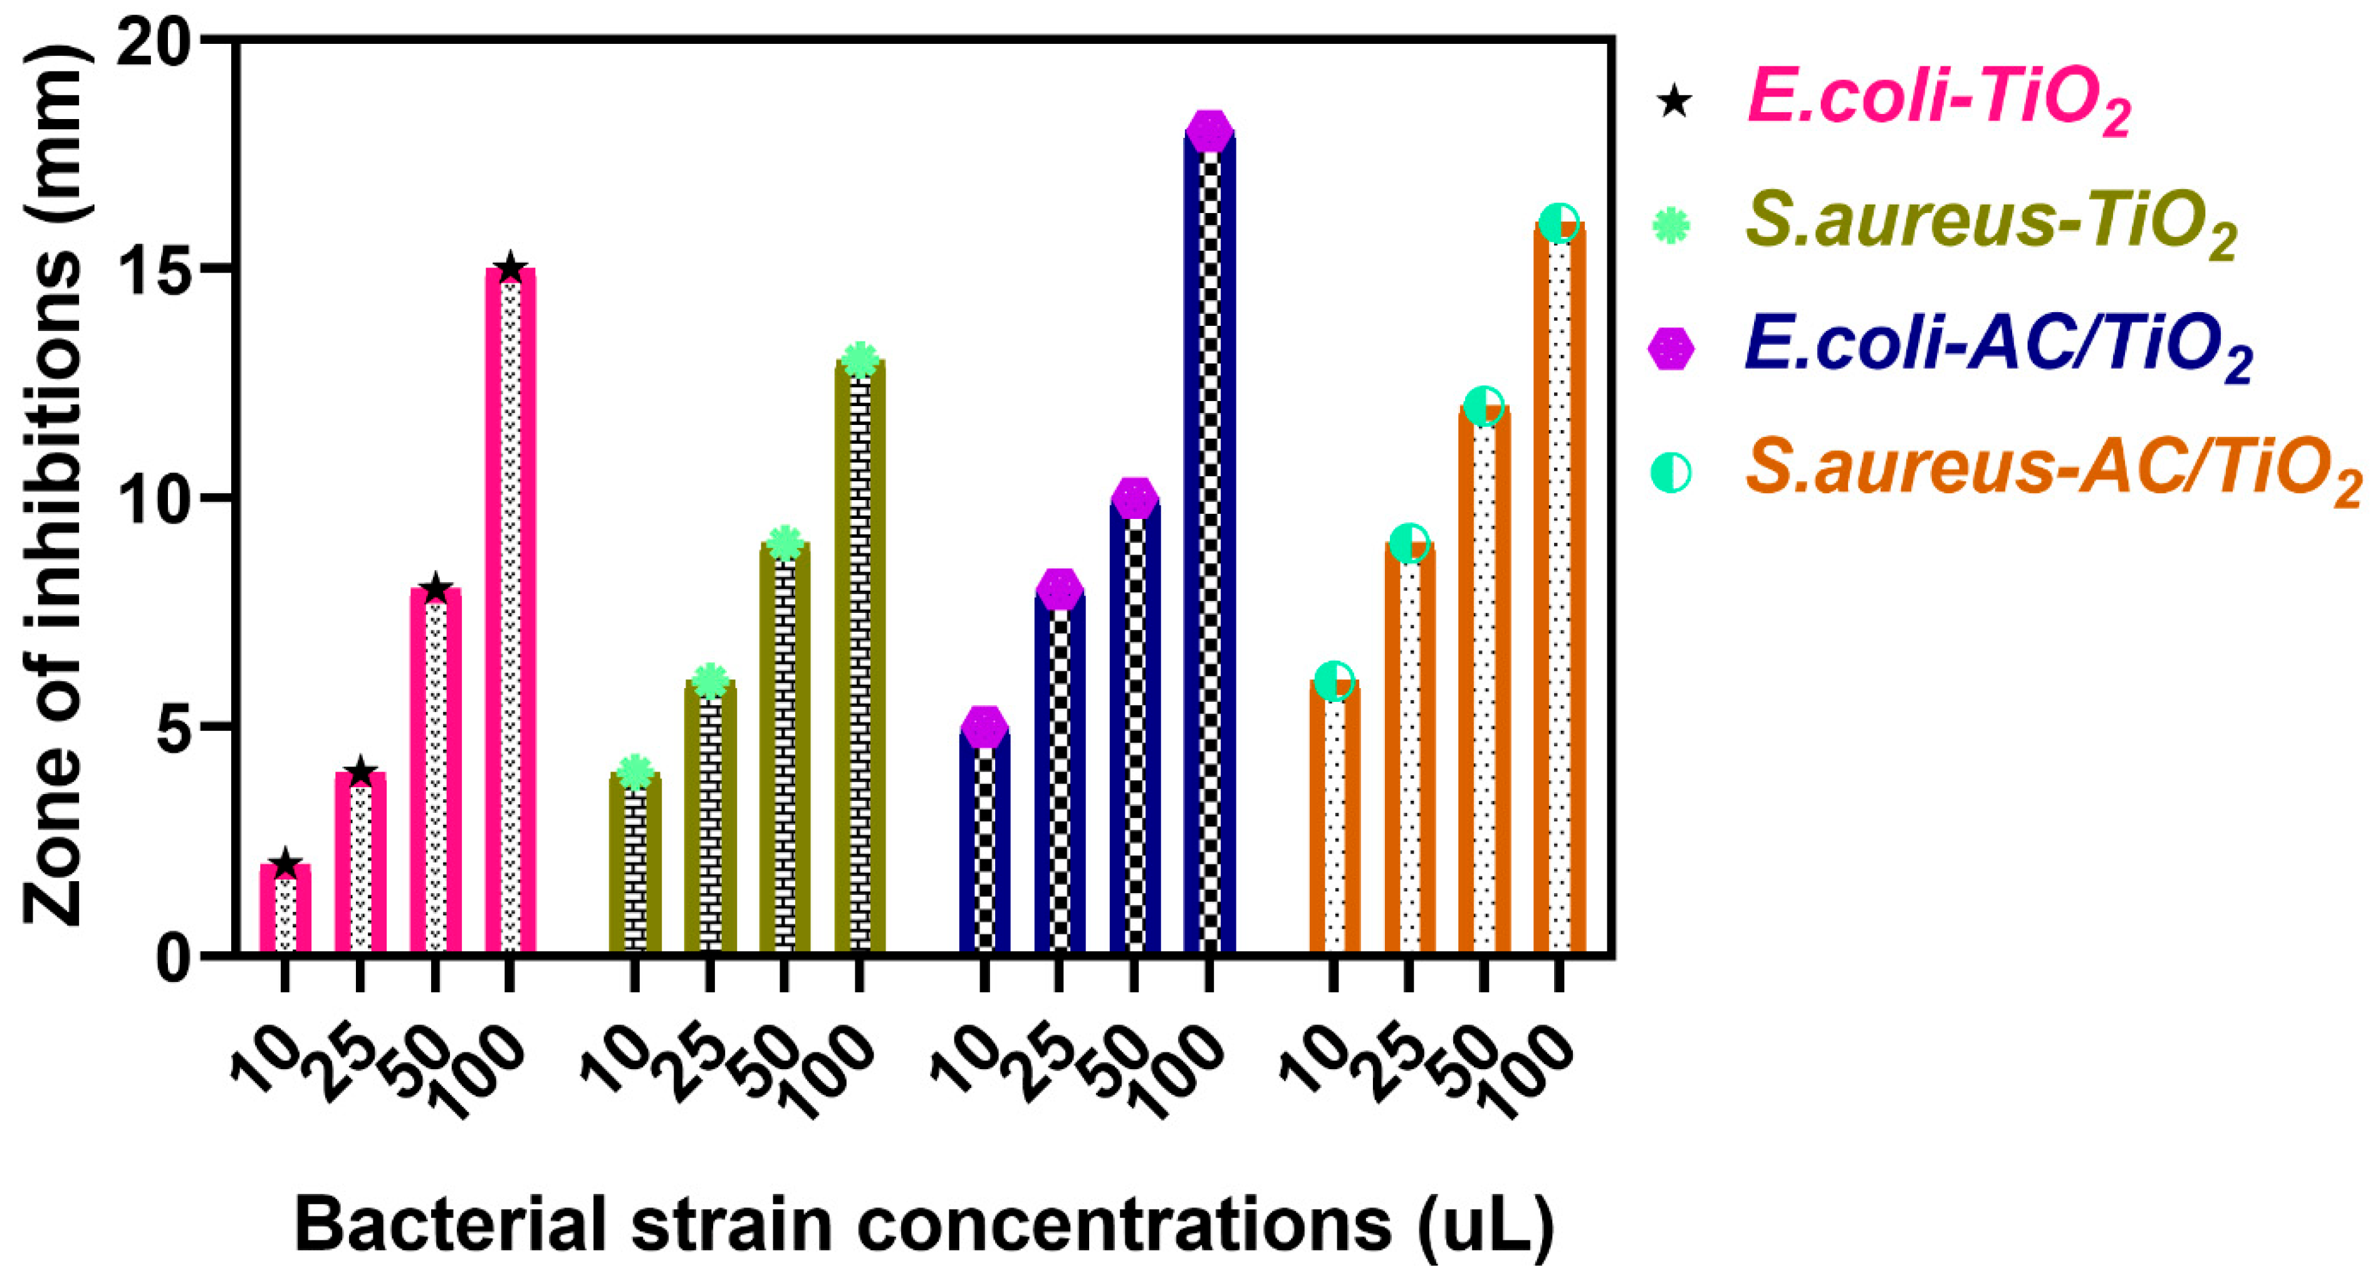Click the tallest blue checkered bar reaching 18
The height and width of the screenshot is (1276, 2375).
click(x=1209, y=553)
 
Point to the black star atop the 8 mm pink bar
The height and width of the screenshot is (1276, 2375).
click(x=435, y=589)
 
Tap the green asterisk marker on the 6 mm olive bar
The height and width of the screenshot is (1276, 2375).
click(x=709, y=681)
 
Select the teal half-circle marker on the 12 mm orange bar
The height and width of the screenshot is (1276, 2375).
click(x=1483, y=405)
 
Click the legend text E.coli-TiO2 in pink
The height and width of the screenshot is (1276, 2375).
click(x=1936, y=102)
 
